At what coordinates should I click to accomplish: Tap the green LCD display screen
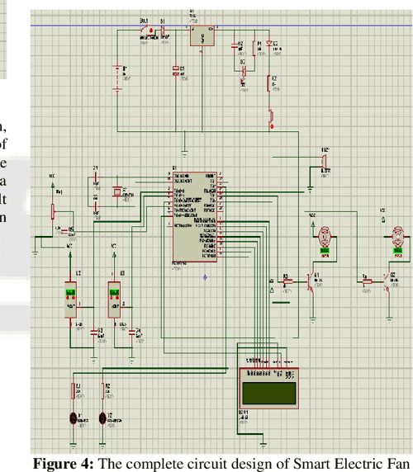tap(267, 387)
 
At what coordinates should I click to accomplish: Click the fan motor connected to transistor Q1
tap(324, 236)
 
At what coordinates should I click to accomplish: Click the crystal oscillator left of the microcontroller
tap(117, 191)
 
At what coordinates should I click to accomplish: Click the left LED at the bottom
tap(74, 417)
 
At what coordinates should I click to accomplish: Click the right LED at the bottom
tap(103, 417)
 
